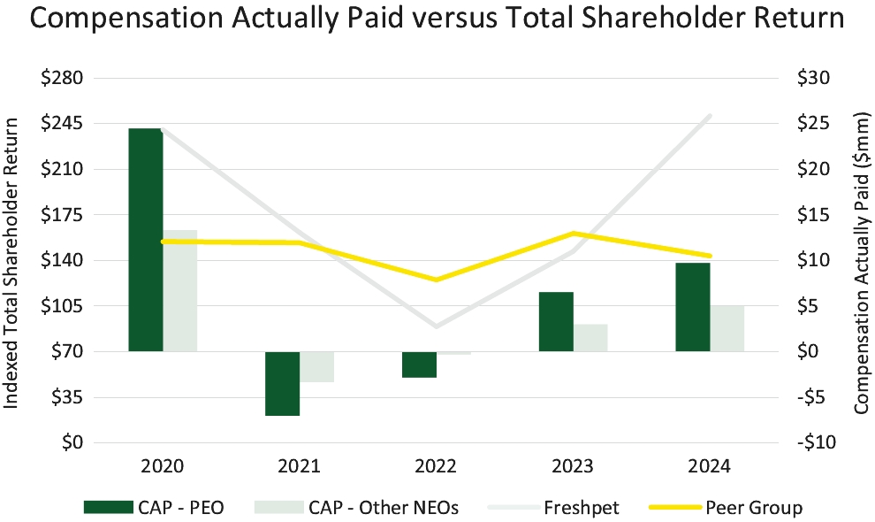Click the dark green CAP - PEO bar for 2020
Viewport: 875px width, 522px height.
click(x=145, y=239)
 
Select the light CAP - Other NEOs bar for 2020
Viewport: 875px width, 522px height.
click(x=179, y=290)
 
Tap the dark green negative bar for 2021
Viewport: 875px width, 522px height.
click(x=282, y=383)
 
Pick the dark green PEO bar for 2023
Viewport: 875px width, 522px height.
click(x=556, y=321)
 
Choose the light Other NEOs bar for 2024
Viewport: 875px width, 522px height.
click(x=727, y=328)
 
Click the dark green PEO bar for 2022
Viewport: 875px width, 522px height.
click(x=419, y=365)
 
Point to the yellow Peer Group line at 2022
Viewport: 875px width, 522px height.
click(x=436, y=280)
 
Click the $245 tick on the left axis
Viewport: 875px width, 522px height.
click(x=62, y=123)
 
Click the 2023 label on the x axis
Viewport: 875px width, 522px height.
click(x=573, y=465)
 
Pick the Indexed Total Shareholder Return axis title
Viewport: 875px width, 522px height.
click(x=12, y=260)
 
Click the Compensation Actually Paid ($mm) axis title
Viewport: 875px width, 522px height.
click(x=861, y=260)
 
